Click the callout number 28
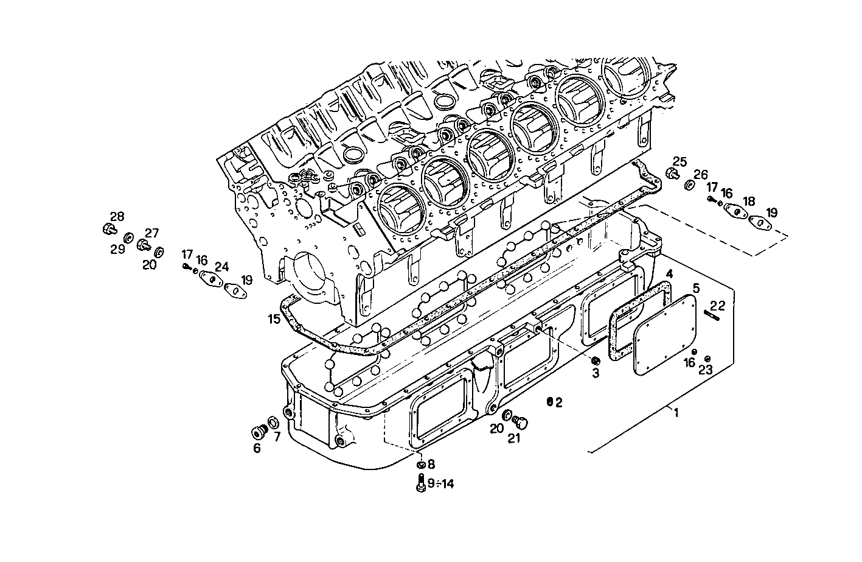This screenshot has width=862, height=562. point(116,216)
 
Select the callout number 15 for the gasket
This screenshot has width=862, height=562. point(274,318)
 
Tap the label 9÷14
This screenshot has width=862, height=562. point(440,484)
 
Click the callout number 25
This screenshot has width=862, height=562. point(679,162)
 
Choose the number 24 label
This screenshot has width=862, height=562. point(221,266)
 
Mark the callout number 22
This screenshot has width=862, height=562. point(718,306)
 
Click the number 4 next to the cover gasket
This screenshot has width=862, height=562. point(669,275)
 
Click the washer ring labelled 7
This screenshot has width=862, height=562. point(274,422)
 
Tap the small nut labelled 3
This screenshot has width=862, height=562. point(596,360)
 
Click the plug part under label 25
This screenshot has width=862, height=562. point(672,175)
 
